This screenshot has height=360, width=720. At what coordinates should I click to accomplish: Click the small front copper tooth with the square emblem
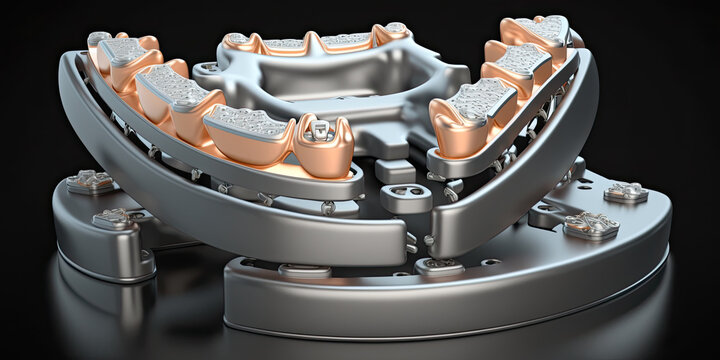(323, 145)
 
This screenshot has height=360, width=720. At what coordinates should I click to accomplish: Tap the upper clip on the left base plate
(90, 181)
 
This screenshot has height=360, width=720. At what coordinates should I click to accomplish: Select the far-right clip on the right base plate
(626, 192)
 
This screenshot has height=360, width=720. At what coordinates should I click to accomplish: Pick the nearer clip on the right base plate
(590, 226)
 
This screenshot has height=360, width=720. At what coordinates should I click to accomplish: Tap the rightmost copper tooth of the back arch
(393, 34)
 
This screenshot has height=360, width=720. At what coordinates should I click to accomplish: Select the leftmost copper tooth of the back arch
(238, 42)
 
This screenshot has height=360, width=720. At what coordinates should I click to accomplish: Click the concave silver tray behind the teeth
(330, 85)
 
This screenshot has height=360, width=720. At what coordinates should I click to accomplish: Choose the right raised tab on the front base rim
(440, 266)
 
